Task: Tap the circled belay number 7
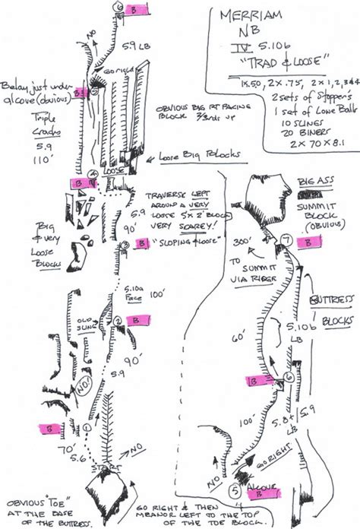pyautogui.click(x=286, y=241)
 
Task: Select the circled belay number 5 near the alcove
pyautogui.click(x=236, y=491)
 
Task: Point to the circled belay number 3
pyautogui.click(x=124, y=244)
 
